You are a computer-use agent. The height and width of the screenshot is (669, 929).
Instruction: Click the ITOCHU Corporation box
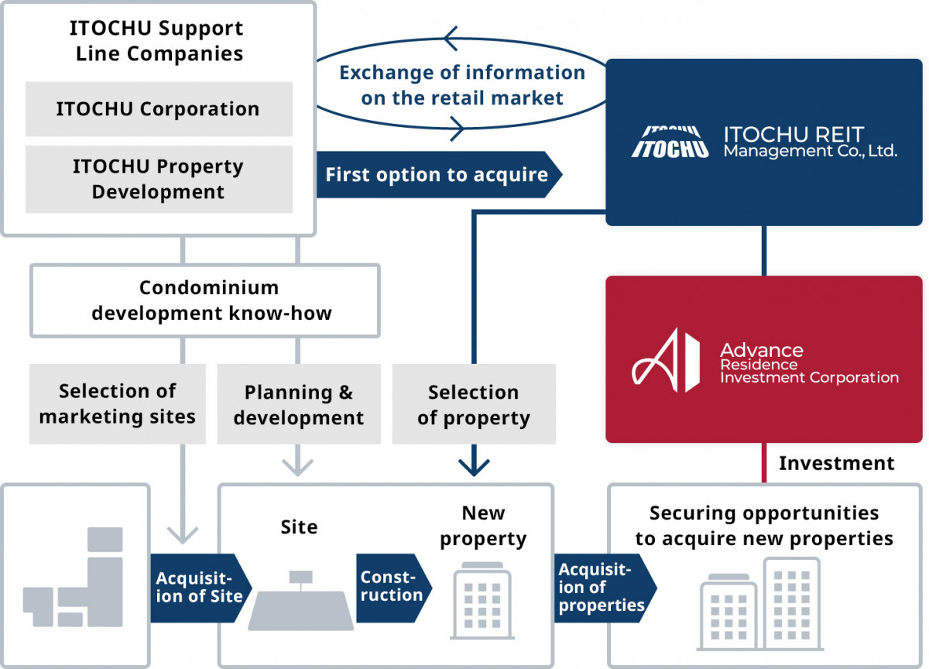click(158, 109)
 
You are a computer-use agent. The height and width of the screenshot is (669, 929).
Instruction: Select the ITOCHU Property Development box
click(158, 179)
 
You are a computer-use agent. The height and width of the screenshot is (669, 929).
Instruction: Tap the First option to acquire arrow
click(437, 174)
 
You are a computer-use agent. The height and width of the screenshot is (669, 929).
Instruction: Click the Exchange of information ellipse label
click(462, 85)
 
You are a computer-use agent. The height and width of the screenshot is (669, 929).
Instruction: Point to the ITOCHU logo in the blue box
click(670, 142)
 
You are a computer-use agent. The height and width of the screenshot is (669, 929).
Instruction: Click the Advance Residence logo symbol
click(666, 359)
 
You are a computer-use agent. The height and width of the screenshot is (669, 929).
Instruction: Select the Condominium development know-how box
click(204, 300)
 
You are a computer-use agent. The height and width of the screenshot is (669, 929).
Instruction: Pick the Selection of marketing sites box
click(118, 403)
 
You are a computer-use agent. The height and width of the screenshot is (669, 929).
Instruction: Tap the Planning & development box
click(299, 404)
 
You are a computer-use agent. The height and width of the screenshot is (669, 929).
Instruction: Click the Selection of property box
click(474, 404)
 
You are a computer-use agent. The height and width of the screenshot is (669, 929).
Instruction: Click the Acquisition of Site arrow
click(200, 588)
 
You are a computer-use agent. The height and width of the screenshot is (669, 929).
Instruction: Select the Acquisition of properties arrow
click(602, 587)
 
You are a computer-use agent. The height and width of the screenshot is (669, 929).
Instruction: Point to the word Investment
click(836, 463)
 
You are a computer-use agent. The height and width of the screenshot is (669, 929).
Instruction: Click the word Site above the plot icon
click(299, 527)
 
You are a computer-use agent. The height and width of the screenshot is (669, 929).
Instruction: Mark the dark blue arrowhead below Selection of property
click(474, 466)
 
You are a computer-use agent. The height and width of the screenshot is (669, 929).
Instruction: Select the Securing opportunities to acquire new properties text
click(764, 526)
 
